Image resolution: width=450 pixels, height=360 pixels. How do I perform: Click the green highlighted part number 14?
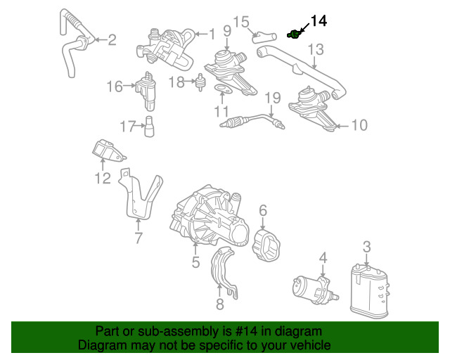click(x=294, y=34)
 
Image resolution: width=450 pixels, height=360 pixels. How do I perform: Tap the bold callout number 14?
click(x=319, y=21)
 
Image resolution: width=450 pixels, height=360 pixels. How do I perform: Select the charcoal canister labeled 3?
click(x=369, y=291)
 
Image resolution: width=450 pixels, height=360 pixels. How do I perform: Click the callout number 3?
click(x=367, y=247)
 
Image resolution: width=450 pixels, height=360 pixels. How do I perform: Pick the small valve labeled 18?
click(x=200, y=82)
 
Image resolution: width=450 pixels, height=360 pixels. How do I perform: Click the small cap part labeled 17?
click(x=149, y=127)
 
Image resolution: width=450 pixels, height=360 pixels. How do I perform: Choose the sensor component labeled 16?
click(x=146, y=91)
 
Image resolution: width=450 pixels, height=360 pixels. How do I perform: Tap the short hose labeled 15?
click(x=264, y=37)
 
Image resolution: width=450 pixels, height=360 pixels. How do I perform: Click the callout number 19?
click(x=272, y=98)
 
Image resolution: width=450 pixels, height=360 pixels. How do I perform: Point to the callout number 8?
click(x=220, y=304)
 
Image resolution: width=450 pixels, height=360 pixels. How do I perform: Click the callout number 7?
click(x=139, y=238)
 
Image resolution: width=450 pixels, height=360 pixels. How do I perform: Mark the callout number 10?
click(x=359, y=125)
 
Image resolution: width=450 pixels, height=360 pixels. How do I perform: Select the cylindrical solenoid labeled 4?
click(x=316, y=290)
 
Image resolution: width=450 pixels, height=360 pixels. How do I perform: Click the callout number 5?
click(x=195, y=262)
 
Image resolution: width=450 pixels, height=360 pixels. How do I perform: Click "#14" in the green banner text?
click(x=246, y=331)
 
